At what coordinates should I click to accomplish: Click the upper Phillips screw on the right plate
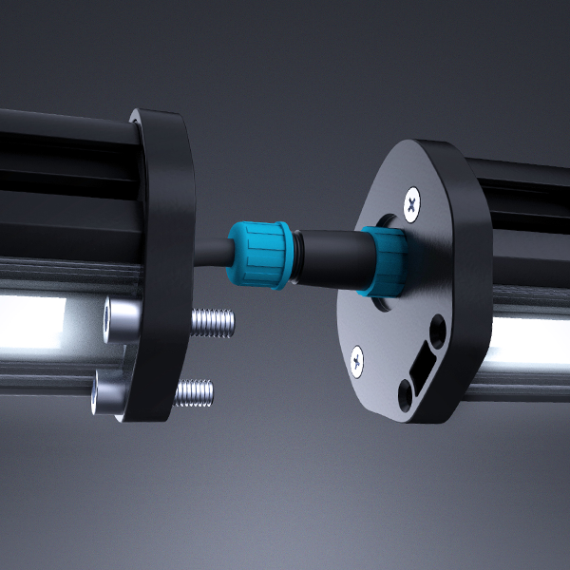[411, 202]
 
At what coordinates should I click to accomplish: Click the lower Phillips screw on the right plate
[357, 359]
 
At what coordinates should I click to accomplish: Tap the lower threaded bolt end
[194, 390]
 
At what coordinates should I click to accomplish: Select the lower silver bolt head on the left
[108, 392]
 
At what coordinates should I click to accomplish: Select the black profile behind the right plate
[522, 218]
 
